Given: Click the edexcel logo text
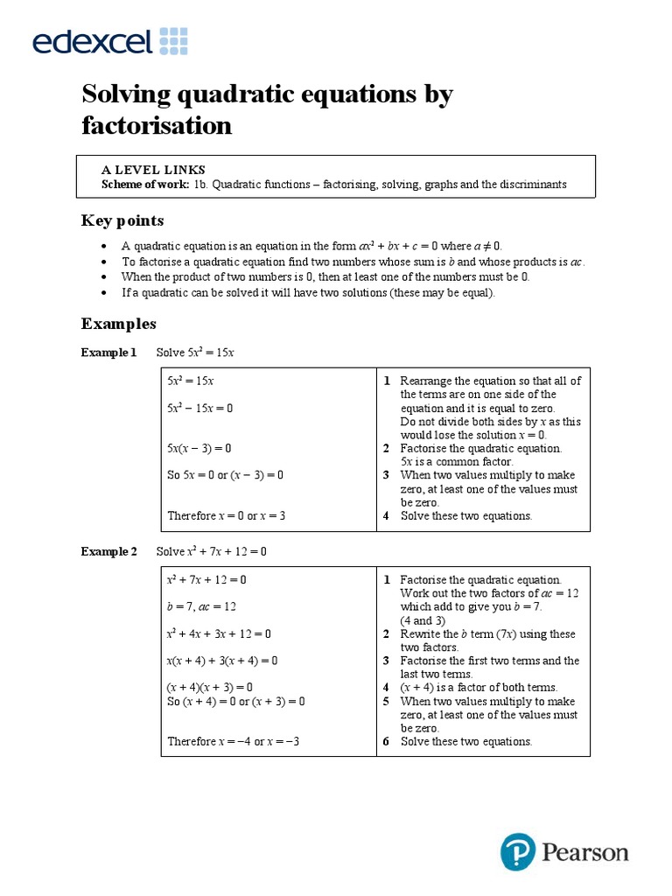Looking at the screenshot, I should (x=93, y=40).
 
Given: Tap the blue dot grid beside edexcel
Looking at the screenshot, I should (x=173, y=40).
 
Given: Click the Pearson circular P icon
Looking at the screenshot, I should (x=517, y=851).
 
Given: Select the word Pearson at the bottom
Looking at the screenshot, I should (x=584, y=852).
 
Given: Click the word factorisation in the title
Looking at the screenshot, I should (x=157, y=126).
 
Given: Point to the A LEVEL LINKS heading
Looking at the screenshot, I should (x=153, y=170).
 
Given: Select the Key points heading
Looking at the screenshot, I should (x=122, y=220).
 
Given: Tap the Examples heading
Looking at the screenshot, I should (x=119, y=324).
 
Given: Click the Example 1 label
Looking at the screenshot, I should (x=108, y=353).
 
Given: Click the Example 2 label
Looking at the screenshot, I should (x=108, y=552).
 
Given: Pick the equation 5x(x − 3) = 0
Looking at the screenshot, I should (x=199, y=448).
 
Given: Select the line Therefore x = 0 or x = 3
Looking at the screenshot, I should (x=227, y=515).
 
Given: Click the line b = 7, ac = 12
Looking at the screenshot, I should (x=202, y=606).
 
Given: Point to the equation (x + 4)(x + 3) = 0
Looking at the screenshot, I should (x=210, y=688).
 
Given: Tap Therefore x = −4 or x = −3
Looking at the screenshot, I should (x=234, y=741).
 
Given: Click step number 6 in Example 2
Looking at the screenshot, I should (x=386, y=741).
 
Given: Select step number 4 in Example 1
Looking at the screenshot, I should (x=386, y=515).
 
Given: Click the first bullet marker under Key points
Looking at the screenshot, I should (x=104, y=247).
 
